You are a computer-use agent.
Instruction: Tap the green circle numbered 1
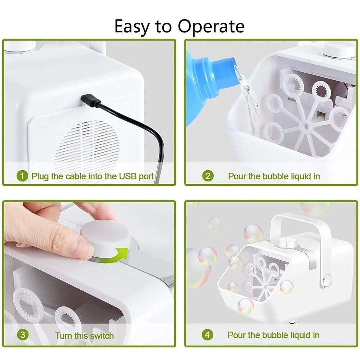pyautogui.click(x=22, y=176)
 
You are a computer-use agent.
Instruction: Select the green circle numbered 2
pyautogui.click(x=207, y=176)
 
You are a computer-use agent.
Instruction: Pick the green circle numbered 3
pyautogui.click(x=23, y=335)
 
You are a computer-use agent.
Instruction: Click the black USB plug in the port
pyautogui.click(x=90, y=100)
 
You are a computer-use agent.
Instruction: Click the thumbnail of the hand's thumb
pyautogui.click(x=83, y=250)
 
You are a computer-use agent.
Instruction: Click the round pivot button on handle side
pyautogui.click(x=327, y=280)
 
